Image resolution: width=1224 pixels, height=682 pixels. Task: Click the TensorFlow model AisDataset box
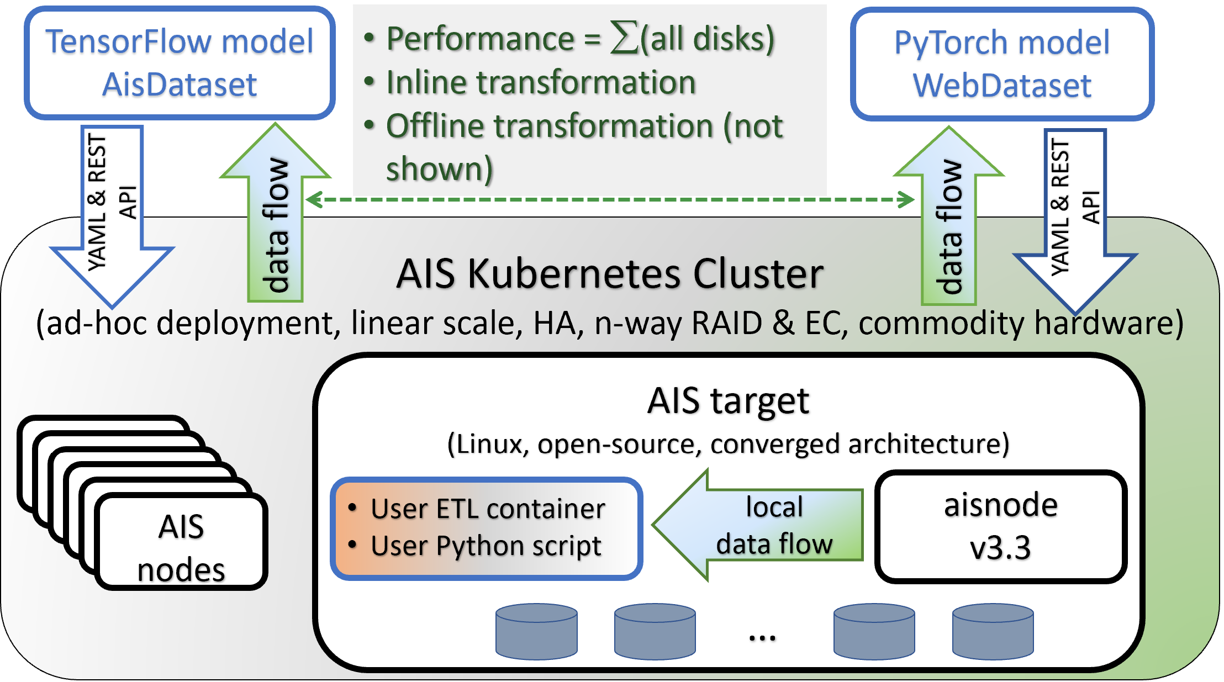(x=180, y=63)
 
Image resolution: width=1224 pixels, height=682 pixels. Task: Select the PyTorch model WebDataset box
(x=1001, y=64)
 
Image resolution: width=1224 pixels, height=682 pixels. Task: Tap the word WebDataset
(x=1001, y=86)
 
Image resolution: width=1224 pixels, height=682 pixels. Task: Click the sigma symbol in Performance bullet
(x=624, y=38)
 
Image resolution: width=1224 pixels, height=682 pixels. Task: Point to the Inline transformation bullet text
(x=540, y=82)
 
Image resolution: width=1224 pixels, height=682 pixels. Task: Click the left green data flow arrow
(x=275, y=221)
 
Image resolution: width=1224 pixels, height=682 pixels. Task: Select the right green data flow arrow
(x=948, y=221)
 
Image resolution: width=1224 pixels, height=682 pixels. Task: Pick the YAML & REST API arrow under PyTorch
(x=1075, y=221)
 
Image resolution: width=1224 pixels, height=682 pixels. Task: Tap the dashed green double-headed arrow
(x=608, y=199)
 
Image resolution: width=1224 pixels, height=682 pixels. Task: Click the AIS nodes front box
(x=181, y=547)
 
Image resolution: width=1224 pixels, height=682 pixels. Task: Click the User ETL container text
(x=487, y=508)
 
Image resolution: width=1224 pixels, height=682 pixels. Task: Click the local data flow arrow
(x=762, y=525)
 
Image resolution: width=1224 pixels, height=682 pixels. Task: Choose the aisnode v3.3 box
(x=1000, y=526)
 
